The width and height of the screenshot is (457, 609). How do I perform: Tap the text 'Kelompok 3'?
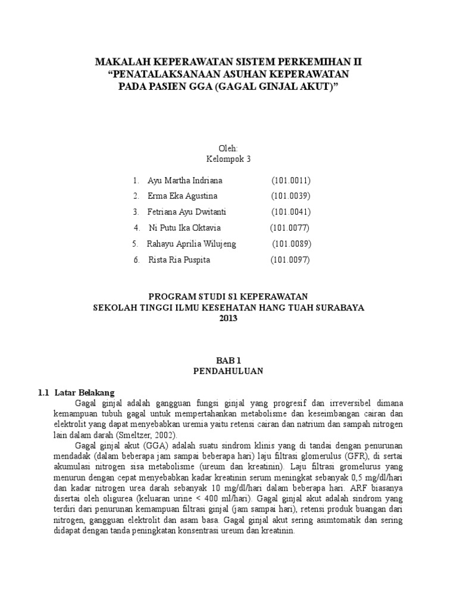coord(228,159)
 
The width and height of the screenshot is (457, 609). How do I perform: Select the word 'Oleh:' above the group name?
coord(228,147)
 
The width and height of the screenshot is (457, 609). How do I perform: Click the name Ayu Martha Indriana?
coord(186,180)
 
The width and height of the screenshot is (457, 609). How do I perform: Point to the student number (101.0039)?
coord(291,196)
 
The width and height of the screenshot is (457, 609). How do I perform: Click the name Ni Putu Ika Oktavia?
coord(184,228)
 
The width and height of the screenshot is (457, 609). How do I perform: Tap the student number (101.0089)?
coord(292,244)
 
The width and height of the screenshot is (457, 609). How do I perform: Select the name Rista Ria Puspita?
coord(179,260)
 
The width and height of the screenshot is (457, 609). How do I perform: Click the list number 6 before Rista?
coord(136,260)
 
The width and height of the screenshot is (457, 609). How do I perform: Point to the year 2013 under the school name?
coord(228,318)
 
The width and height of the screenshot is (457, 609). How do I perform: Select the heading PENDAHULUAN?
coord(228,371)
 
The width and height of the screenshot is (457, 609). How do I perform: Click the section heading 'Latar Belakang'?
coord(84,393)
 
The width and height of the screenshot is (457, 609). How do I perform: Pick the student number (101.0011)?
coord(292,180)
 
